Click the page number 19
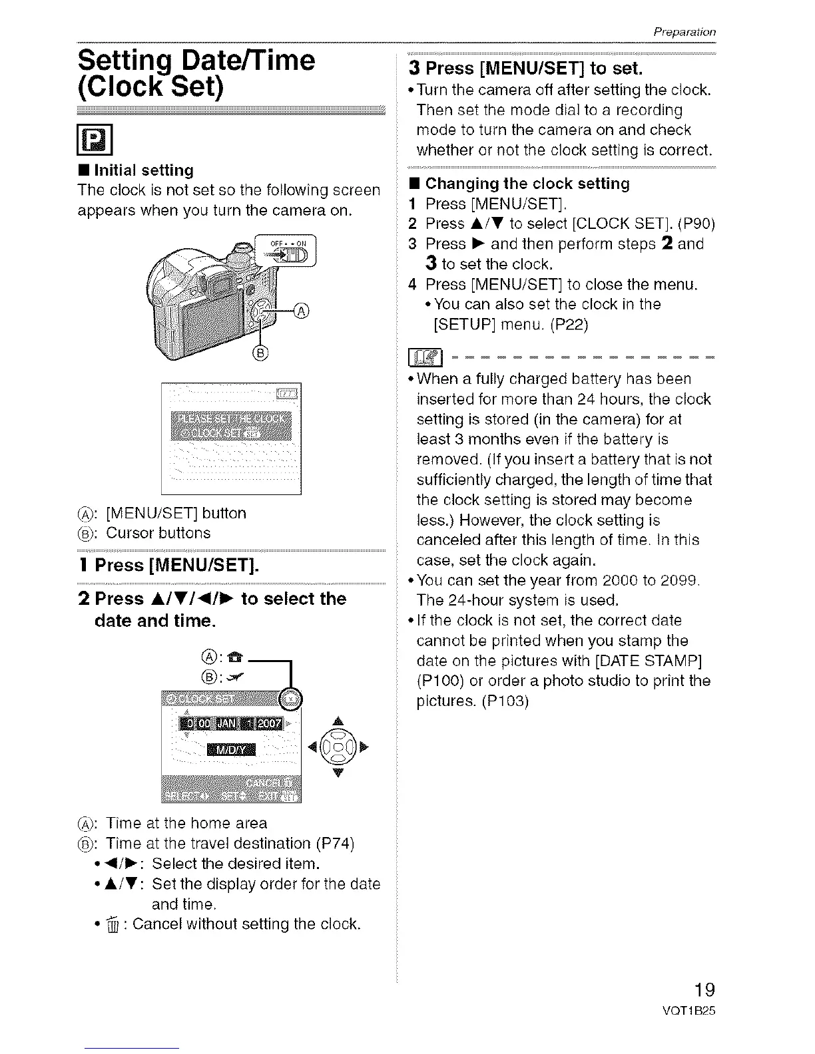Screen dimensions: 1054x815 pos(701,988)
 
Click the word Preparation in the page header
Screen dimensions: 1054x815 pos(684,31)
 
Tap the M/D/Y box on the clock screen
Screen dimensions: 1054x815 pos(231,750)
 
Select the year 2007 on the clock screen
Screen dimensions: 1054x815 pos(270,723)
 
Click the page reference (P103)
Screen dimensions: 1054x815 pos(505,701)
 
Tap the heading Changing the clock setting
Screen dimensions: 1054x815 pos(527,184)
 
